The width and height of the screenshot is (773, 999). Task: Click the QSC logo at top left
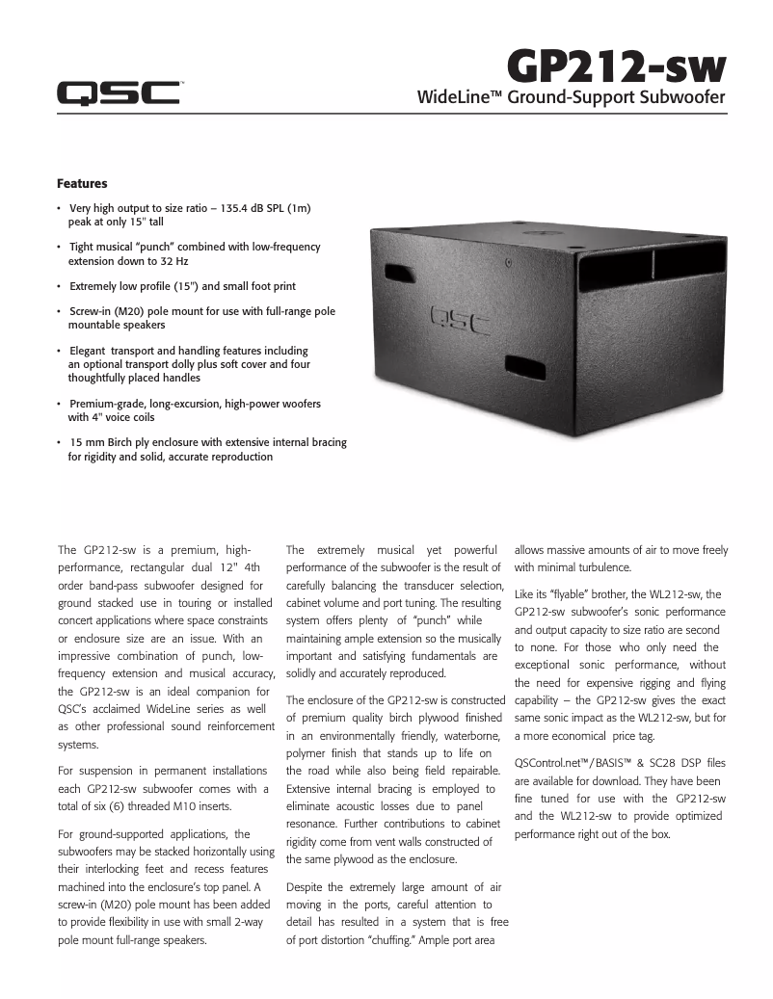pos(118,92)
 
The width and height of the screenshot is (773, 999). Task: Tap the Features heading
pos(82,183)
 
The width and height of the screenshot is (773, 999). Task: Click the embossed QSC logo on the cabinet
pos(462,315)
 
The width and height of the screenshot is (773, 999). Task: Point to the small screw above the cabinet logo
pos(508,260)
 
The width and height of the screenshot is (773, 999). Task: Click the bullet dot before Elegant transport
pos(60,352)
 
